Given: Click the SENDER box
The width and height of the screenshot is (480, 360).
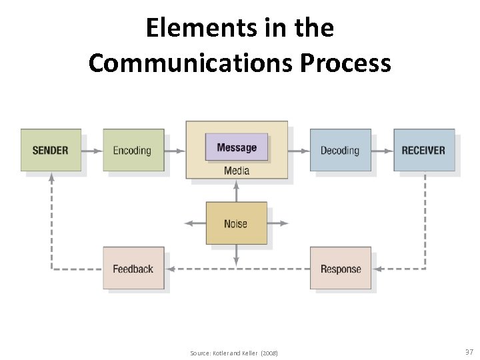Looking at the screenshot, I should coord(51,150).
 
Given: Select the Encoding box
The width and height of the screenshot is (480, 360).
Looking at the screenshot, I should coord(132,150).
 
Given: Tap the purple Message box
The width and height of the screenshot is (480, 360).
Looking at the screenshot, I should coord(237,147).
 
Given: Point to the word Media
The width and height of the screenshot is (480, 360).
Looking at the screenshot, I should coord(237,171).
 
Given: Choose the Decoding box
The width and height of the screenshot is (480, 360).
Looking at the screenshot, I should coord(340,150).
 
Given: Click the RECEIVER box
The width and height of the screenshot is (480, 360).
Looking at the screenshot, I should coord(423,150).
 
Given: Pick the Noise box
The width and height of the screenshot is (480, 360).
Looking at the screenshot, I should coord(236,223).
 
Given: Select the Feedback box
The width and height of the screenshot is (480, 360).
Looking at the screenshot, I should coord(133,269).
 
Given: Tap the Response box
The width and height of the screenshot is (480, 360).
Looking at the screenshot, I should coord(340,269).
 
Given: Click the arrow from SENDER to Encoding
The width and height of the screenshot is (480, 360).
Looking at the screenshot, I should coord(92,151).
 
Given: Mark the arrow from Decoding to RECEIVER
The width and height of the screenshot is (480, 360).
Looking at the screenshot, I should coord(383,151).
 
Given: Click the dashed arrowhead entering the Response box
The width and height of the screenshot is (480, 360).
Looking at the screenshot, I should coord(377,269).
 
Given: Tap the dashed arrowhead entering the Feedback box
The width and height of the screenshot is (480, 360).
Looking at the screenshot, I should coord(170,269).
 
